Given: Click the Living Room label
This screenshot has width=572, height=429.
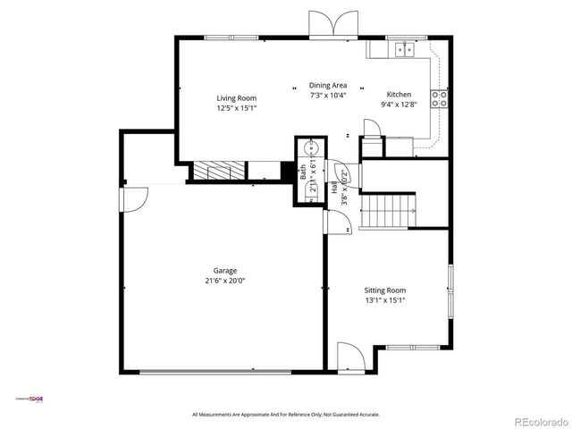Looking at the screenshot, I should (x=236, y=98).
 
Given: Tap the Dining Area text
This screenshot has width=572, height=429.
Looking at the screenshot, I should (x=327, y=85).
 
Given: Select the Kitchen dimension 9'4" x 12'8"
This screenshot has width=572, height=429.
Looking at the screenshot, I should (x=399, y=104).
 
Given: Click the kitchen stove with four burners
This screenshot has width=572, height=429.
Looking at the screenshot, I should (x=439, y=99).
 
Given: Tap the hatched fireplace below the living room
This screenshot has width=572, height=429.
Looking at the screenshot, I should (x=219, y=170).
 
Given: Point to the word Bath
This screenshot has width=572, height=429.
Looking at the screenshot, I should (x=303, y=172).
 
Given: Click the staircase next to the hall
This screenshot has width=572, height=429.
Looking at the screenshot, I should (x=387, y=212).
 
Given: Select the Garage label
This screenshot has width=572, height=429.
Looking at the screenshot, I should (x=224, y=271).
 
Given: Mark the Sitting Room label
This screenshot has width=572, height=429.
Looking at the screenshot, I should (x=384, y=290).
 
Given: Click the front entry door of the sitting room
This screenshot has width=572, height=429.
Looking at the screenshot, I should (x=349, y=357).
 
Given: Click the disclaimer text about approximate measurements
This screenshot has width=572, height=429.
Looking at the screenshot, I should (x=286, y=415).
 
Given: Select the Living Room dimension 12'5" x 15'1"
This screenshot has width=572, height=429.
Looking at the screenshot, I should (x=236, y=108).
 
